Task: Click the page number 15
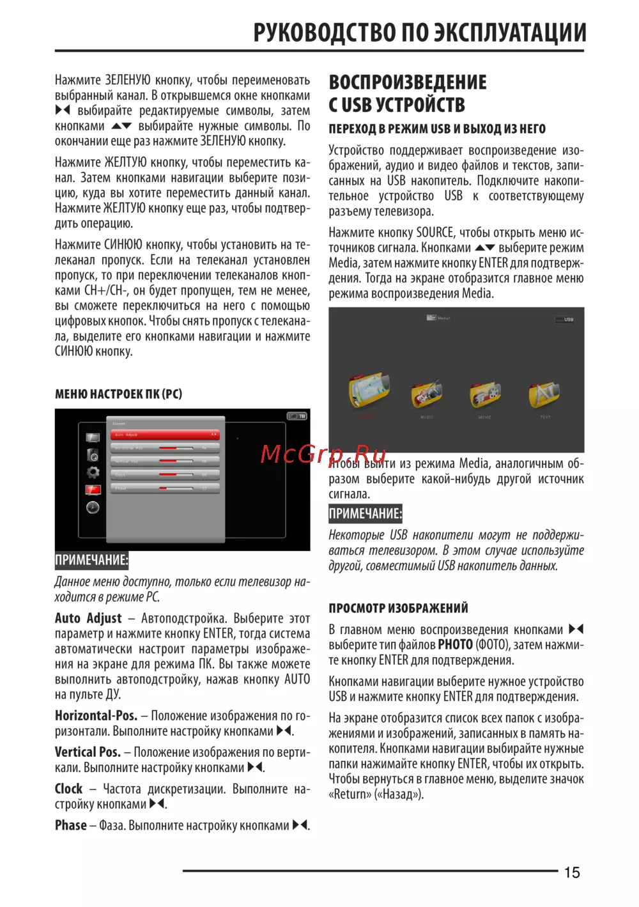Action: [572, 872]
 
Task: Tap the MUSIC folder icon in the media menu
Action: [427, 394]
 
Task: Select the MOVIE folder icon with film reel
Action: [485, 395]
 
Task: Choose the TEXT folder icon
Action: [544, 395]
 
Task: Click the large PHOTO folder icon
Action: [369, 390]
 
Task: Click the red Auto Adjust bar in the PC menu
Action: [165, 435]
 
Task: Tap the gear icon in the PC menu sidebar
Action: [93, 472]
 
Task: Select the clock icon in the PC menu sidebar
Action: [93, 508]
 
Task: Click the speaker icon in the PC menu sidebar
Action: [93, 455]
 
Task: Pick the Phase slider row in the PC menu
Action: [165, 488]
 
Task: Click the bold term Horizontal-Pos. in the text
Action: [96, 716]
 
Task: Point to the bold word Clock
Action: [68, 789]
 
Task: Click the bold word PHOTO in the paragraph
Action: [455, 645]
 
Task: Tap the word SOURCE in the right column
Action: [435, 233]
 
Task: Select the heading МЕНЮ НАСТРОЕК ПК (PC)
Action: [118, 394]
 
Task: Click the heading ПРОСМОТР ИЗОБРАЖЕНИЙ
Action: [398, 608]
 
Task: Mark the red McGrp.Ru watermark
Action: [323, 454]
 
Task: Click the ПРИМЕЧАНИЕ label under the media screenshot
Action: [366, 514]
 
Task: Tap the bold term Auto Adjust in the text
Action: [88, 618]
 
